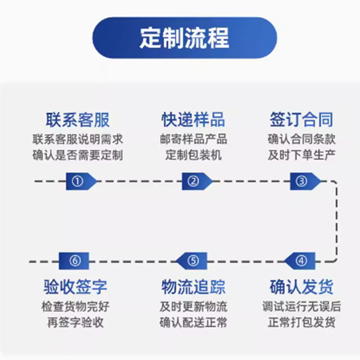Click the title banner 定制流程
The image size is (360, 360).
184,38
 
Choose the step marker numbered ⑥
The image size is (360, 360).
75,261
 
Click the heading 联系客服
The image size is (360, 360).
77,120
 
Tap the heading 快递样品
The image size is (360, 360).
193,120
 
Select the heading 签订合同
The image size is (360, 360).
301,120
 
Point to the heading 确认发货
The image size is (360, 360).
301,287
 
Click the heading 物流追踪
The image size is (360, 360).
193,287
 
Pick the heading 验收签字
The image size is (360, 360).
76,287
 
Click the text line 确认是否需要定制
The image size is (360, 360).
77,156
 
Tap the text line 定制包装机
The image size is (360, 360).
193,156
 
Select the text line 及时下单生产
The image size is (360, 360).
301,156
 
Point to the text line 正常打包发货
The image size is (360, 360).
301,323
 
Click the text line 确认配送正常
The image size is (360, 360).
193,323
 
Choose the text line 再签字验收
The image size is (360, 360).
76,323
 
